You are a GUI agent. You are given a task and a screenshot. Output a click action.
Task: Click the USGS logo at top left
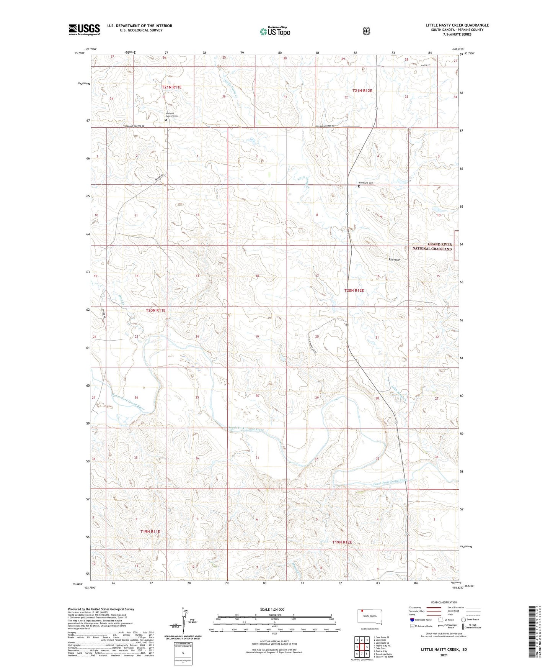[84, 30]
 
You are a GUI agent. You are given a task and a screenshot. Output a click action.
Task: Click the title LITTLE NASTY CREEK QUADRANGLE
[457, 25]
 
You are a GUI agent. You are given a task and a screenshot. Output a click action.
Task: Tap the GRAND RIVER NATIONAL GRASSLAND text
[432, 246]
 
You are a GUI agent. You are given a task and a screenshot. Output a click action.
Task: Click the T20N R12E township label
[354, 290]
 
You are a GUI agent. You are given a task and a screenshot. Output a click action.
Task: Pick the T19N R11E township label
[150, 531]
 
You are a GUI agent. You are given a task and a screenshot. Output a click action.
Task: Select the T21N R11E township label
[171, 87]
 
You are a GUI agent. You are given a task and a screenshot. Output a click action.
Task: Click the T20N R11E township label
[155, 310]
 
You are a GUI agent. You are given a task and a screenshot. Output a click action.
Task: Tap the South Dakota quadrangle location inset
[369, 617]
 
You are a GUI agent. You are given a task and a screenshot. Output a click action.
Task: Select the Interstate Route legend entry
[421, 620]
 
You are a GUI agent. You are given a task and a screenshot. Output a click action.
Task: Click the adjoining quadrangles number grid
[362, 647]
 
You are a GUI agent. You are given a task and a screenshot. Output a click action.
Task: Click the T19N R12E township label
[342, 542]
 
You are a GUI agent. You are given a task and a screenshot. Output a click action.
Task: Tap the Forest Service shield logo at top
[366, 31]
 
